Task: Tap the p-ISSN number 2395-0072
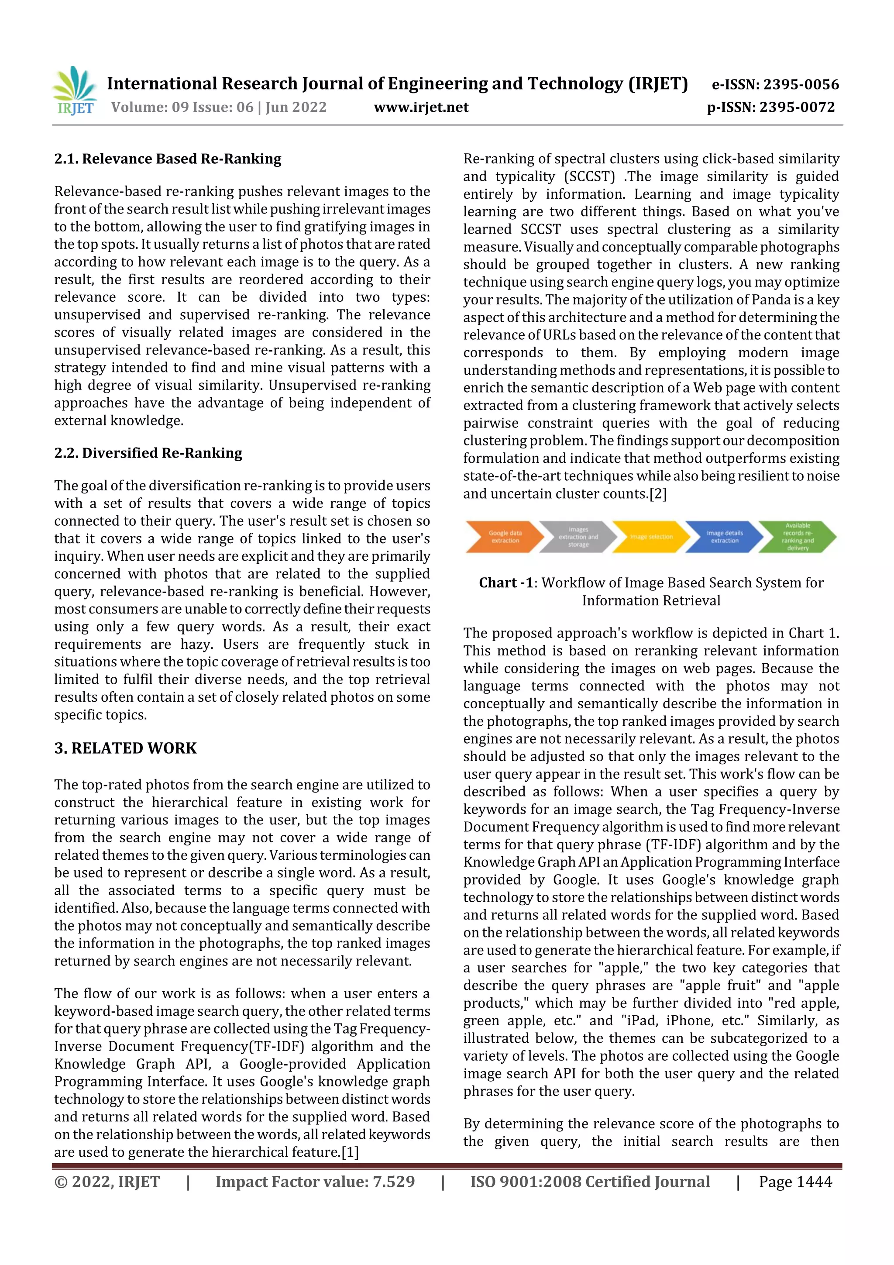797,107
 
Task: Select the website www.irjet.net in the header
421,107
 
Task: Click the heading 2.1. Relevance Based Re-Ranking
168,159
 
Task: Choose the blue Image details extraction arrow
724,537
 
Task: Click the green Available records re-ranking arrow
797,537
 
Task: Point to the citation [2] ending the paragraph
658,494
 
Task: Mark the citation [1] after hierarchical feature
350,1152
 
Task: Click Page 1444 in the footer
795,1182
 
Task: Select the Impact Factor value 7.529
315,1182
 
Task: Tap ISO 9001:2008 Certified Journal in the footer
589,1182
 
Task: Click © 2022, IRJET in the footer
107,1182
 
